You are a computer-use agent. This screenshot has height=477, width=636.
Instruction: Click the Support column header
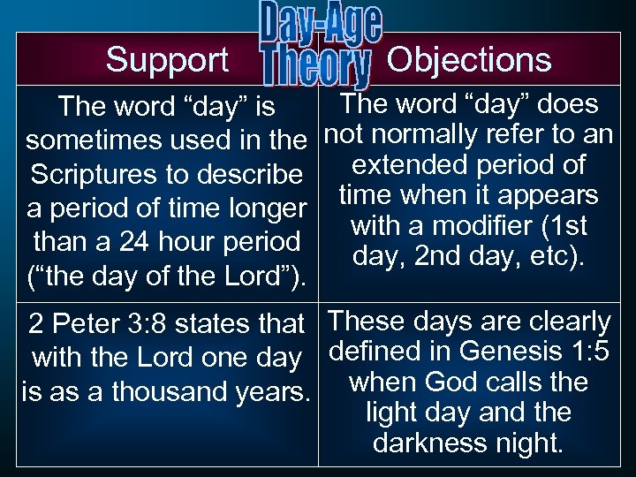167,60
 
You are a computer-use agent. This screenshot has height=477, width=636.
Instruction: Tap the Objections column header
469,60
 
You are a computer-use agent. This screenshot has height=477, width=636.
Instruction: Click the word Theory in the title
315,69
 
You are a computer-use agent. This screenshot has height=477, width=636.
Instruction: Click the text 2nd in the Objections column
458,256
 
